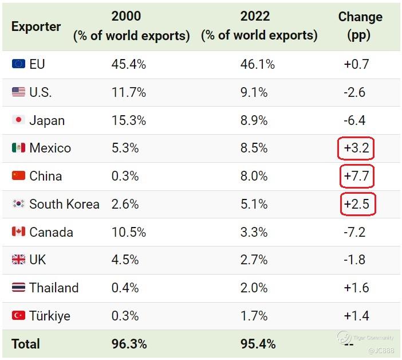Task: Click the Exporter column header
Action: click(36, 26)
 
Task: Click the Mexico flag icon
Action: click(18, 148)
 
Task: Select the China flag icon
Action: click(18, 176)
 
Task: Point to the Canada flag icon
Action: click(18, 232)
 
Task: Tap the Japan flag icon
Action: click(18, 120)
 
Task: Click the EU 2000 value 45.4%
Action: click(128, 64)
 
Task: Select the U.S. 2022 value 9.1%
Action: click(254, 92)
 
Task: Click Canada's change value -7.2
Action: click(354, 232)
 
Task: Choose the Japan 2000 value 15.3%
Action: click(128, 120)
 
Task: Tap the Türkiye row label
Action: click(50, 316)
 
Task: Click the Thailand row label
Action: click(54, 288)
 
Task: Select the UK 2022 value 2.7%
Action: click(254, 260)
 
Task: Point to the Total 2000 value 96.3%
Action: click(129, 344)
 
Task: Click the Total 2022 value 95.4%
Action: click(258, 344)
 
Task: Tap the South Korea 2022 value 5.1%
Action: click(254, 204)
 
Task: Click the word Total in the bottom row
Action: click(26, 344)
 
